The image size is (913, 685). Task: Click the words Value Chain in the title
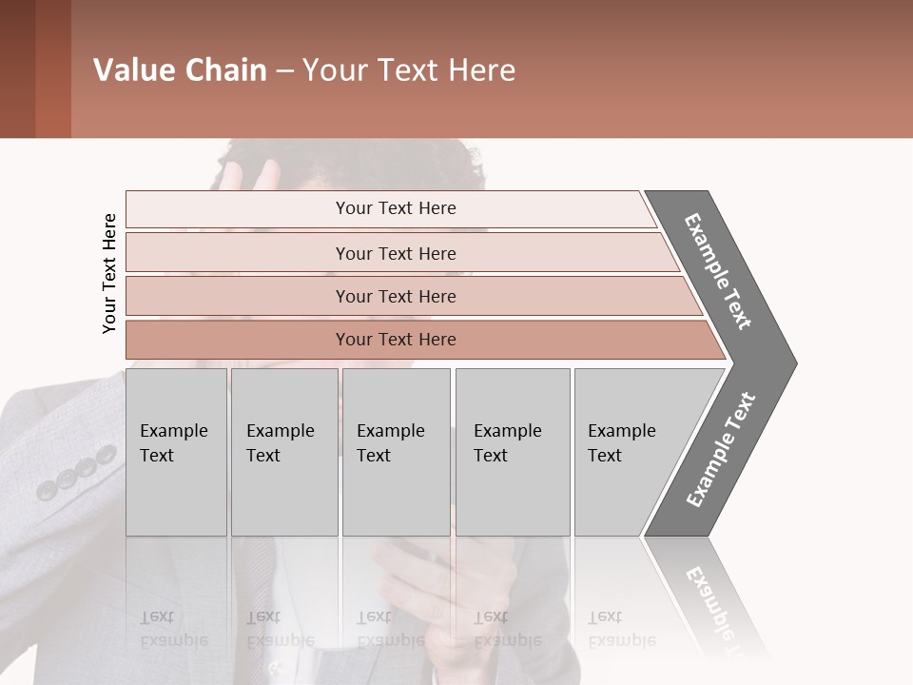pos(180,70)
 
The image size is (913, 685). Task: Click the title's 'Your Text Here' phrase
pos(409,70)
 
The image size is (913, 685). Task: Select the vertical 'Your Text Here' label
pos(109,273)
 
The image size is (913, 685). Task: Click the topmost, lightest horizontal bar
pos(395,208)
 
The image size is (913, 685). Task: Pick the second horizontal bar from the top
pos(395,253)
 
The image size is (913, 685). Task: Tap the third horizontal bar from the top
pos(395,296)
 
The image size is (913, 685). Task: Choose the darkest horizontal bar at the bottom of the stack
pos(395,340)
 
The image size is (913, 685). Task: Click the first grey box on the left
pos(176,452)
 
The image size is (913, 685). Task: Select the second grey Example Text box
pos(283,452)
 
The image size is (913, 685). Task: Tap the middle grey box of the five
pos(396,452)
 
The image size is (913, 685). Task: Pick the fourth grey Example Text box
pos(513,452)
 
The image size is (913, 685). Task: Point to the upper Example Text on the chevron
pos(718,271)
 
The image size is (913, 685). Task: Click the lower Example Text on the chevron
pos(721,450)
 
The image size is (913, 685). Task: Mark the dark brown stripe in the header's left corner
pos(17,68)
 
